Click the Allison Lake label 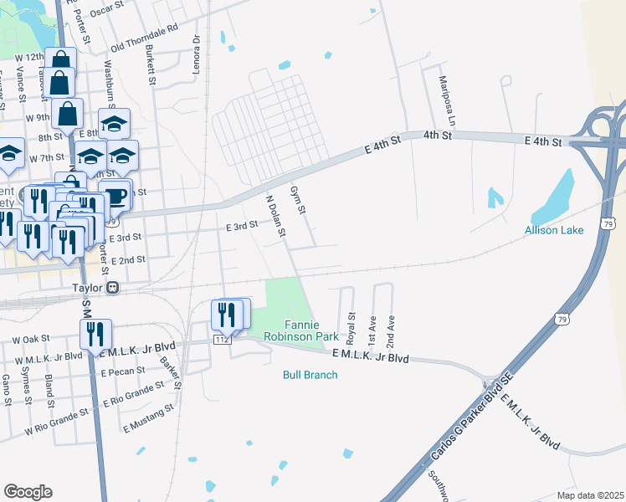552,230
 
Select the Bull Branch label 310,375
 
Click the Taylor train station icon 112,288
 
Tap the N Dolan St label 275,216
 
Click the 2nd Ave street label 389,332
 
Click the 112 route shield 222,341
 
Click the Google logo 28,491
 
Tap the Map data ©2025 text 589,495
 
